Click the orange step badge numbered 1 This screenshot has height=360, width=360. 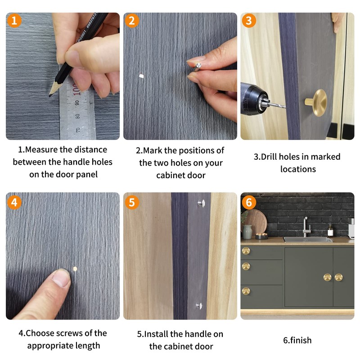[14, 21]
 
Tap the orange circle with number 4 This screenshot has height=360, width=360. [14, 202]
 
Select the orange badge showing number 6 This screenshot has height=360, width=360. [249, 202]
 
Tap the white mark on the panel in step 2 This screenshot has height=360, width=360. [141, 76]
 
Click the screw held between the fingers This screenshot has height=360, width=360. [197, 67]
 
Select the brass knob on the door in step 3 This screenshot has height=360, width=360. [316, 103]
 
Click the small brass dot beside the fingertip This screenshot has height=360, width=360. [75, 269]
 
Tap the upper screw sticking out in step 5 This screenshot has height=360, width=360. [201, 203]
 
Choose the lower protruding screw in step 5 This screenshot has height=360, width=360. [199, 306]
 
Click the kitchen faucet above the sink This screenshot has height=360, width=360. [306, 227]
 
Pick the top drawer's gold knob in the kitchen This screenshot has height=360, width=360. [246, 251]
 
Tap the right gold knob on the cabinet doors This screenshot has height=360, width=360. [338, 277]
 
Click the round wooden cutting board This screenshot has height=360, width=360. [256, 221]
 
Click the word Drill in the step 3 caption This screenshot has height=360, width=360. [269, 157]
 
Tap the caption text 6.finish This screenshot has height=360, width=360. [297, 340]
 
